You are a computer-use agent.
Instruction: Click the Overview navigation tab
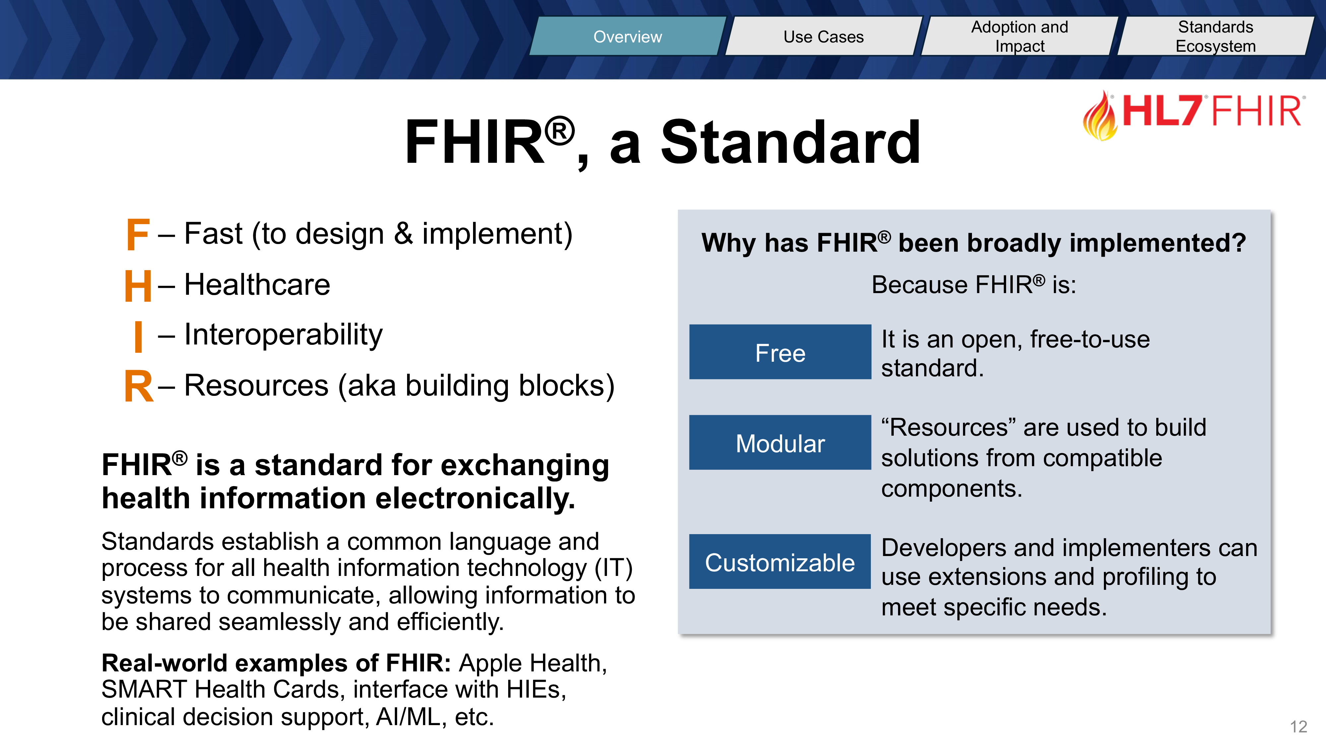click(628, 36)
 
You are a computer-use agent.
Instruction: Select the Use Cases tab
click(823, 36)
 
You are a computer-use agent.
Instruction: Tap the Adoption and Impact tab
click(1020, 36)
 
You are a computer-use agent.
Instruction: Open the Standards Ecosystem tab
click(1216, 36)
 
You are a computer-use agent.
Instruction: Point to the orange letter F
click(138, 235)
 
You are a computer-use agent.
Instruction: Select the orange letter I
click(138, 336)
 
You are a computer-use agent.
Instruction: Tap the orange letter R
click(139, 386)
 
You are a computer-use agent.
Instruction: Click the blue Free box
click(780, 352)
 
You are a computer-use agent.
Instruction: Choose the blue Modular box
click(780, 443)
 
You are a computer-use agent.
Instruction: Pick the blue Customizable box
click(780, 562)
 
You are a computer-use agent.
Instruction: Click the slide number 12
click(1298, 726)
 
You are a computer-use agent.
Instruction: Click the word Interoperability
click(284, 335)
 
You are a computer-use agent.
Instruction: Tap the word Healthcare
click(257, 285)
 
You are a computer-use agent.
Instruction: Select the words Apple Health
click(533, 664)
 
